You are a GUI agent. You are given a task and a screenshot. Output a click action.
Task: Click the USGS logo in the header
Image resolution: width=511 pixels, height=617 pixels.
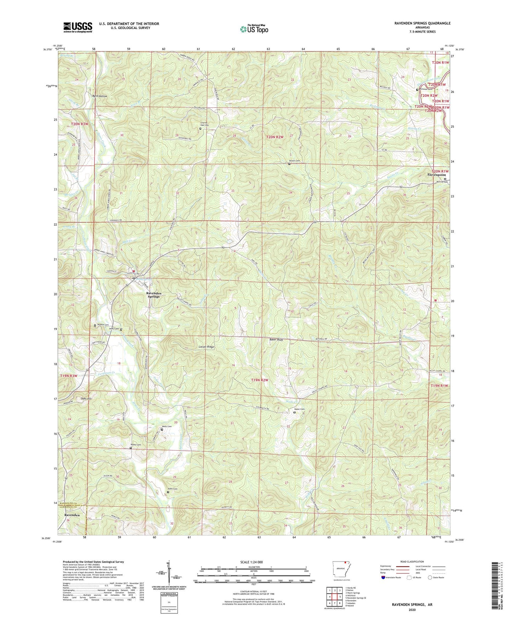tap(78, 27)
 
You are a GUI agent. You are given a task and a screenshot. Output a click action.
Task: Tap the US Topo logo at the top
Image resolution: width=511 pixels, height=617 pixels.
tap(254, 29)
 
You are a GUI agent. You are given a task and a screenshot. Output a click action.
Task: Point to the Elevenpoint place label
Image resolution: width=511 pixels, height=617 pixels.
tap(437, 175)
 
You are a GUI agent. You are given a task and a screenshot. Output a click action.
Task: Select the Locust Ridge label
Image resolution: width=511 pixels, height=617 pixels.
tap(207, 347)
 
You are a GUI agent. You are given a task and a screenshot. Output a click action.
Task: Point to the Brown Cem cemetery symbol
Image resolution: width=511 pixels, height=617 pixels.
tap(289, 164)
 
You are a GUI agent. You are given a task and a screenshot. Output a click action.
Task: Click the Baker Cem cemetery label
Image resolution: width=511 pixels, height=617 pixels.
tap(300, 410)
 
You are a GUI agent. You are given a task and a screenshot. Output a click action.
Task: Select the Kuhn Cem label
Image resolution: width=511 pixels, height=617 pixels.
tap(173, 489)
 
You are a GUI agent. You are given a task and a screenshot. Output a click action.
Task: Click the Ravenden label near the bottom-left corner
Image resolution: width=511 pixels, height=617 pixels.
tap(72, 515)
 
